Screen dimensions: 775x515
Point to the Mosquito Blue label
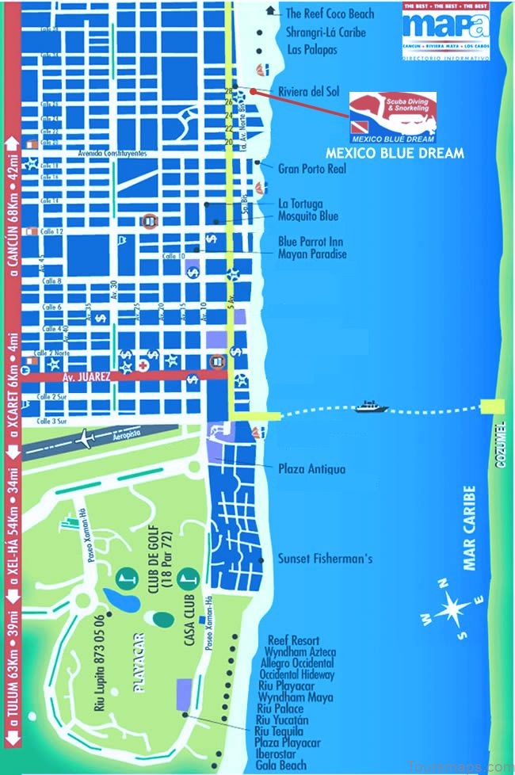[x=307, y=216]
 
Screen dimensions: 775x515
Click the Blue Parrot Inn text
[x=310, y=242]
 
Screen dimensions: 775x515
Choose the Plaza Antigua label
[x=311, y=469]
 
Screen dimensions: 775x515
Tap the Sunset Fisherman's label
[x=325, y=559]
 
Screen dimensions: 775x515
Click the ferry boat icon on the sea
[x=371, y=407]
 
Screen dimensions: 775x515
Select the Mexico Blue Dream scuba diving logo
[x=394, y=117]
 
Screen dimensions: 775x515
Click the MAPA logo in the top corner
[x=446, y=27]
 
